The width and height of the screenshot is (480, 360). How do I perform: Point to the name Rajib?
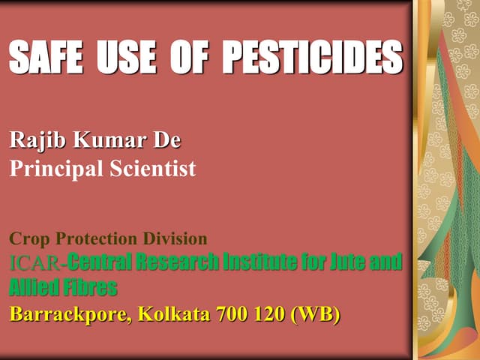click(34, 140)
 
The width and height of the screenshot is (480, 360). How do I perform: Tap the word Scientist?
click(151, 169)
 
